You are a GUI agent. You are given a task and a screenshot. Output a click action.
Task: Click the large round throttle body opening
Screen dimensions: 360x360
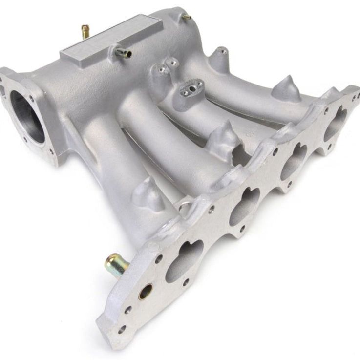coord(27,117)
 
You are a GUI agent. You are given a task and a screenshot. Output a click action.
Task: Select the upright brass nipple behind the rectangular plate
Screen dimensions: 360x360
coord(86,31)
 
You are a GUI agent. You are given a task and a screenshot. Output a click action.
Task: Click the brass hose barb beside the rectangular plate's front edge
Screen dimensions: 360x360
coord(123,52)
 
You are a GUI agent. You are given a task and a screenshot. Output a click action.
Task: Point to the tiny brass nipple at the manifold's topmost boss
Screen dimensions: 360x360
coord(186,17)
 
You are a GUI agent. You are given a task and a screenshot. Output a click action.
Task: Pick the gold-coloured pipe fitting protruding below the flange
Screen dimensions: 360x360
coord(116,264)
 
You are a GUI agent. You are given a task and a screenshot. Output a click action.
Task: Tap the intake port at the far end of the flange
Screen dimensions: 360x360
coord(336,123)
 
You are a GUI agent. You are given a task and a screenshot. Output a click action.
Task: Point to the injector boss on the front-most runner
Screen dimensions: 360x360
coord(148,193)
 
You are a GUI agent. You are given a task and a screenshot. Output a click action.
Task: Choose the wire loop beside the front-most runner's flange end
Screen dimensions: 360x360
coord(184,205)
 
